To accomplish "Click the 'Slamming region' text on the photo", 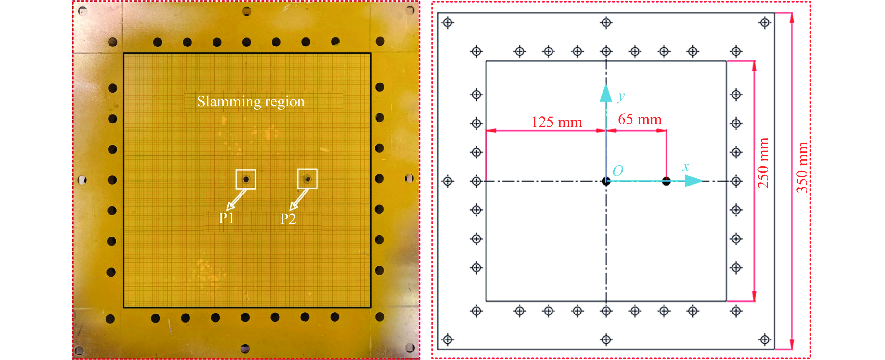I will pos(251,102).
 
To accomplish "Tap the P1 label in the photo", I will pos(226,218).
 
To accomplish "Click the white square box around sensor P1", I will pos(246,179).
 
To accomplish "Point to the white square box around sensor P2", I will pos(307,179).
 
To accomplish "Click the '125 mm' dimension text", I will pos(557,122).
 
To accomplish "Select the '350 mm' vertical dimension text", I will pos(802,167).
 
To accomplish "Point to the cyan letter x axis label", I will pos(685,167).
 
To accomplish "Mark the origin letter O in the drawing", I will pos(618,171).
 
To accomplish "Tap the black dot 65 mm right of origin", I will pos(666,181).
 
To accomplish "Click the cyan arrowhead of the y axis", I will pos(606,93).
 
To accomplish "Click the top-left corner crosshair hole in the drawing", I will pos(448,23).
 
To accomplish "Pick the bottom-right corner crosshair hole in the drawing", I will pos(765,340).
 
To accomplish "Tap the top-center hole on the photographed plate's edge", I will pos(247,11).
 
